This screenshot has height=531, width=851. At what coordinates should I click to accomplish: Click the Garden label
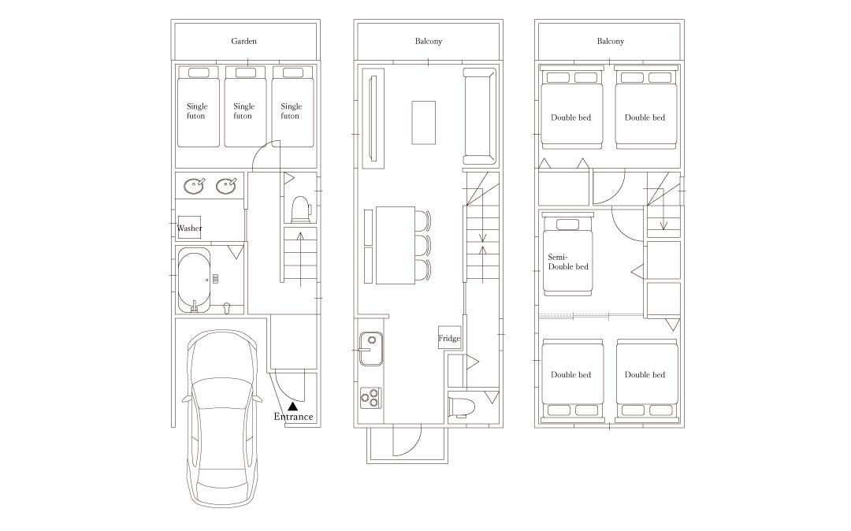pyautogui.click(x=243, y=41)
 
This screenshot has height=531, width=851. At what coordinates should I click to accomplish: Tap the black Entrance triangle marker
pyautogui.click(x=293, y=405)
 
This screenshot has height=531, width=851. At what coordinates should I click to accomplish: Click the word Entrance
pyautogui.click(x=293, y=417)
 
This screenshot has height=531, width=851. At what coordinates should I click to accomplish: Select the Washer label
pyautogui.click(x=189, y=228)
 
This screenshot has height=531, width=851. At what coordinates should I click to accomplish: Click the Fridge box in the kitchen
pyautogui.click(x=449, y=338)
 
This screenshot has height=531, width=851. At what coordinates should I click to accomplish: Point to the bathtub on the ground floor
pyautogui.click(x=194, y=280)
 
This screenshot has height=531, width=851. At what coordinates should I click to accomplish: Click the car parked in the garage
pyautogui.click(x=222, y=418)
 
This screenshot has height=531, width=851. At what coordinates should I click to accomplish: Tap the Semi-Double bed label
pyautogui.click(x=567, y=262)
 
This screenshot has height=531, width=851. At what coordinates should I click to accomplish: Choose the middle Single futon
pyautogui.click(x=245, y=106)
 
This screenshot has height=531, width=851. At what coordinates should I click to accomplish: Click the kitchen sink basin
pyautogui.click(x=370, y=349)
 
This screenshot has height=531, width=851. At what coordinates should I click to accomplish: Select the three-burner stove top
pyautogui.click(x=370, y=398)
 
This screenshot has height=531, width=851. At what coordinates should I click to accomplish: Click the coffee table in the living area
pyautogui.click(x=423, y=123)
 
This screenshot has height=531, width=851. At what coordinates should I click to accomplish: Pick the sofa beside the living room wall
pyautogui.click(x=480, y=116)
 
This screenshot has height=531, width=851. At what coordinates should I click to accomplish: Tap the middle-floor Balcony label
pyautogui.click(x=428, y=41)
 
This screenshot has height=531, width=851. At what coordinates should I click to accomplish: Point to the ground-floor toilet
pyautogui.click(x=301, y=210)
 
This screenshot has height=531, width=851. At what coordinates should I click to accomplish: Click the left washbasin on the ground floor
pyautogui.click(x=194, y=186)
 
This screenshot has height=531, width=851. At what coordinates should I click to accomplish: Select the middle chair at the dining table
pyautogui.click(x=423, y=244)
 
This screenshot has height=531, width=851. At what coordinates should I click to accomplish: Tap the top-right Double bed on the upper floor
pyautogui.click(x=646, y=107)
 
